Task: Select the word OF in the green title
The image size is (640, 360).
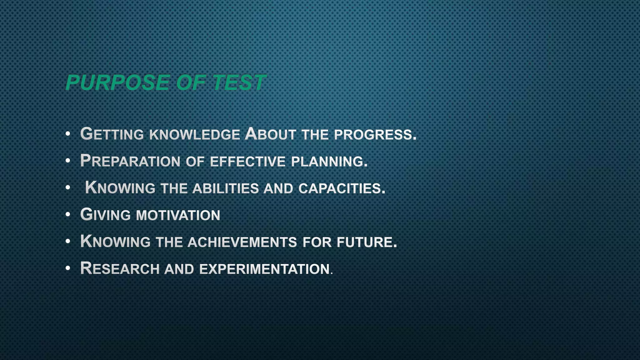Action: [x=190, y=83]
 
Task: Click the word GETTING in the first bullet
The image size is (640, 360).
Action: [x=112, y=134]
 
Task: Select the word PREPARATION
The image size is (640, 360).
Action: [x=130, y=161]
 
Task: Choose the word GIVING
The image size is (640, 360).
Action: [x=105, y=215]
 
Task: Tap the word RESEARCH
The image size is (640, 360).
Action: [x=120, y=269]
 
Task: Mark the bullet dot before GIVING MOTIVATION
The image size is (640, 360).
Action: [x=68, y=215]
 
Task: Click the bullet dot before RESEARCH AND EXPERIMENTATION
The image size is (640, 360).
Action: [x=68, y=268]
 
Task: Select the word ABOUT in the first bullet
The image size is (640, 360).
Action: [x=270, y=134]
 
